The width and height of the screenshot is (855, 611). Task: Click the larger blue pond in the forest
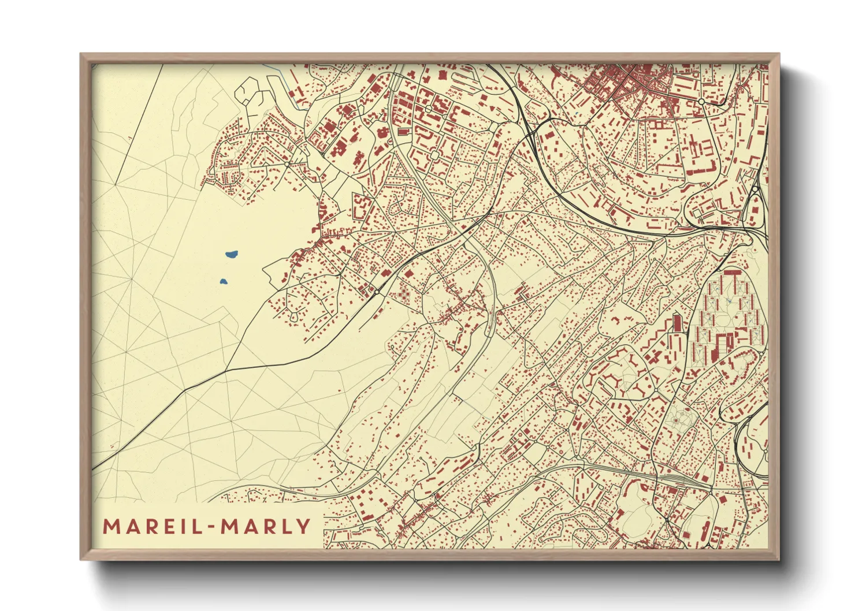pos(231,254)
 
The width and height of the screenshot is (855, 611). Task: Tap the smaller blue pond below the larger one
pos(224,282)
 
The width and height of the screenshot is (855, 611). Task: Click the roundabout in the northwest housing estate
pos(288,165)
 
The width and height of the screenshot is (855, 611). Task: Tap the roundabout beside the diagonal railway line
pos(377,293)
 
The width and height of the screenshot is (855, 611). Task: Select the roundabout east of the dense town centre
pos(701,102)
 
